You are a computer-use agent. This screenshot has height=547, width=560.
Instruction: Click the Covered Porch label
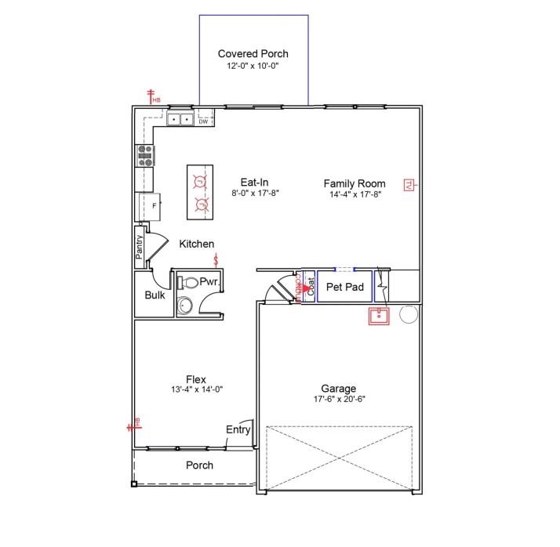click(x=253, y=54)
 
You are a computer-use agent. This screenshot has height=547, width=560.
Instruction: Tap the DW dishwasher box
click(x=203, y=121)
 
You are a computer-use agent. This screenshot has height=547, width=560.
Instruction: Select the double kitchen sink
click(x=181, y=119)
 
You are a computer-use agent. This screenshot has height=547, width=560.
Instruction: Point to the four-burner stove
click(x=145, y=156)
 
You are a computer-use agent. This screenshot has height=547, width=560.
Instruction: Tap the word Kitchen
click(x=197, y=245)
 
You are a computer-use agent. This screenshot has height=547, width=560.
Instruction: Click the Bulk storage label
click(x=155, y=295)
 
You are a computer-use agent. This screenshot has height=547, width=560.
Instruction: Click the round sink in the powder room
click(x=185, y=305)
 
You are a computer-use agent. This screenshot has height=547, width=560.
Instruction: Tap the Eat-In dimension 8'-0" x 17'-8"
click(x=255, y=193)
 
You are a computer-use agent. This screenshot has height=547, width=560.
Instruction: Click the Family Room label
click(x=355, y=183)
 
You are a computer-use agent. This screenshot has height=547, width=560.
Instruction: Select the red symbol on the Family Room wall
click(x=409, y=185)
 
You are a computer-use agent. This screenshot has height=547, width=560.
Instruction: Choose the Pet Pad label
click(x=345, y=288)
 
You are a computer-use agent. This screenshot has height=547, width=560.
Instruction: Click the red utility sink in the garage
click(x=380, y=316)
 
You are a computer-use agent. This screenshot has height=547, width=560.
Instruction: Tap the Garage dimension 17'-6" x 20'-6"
click(x=339, y=399)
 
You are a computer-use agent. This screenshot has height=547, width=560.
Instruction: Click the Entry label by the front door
click(x=238, y=429)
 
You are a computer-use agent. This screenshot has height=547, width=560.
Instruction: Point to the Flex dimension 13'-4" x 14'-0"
click(x=198, y=389)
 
